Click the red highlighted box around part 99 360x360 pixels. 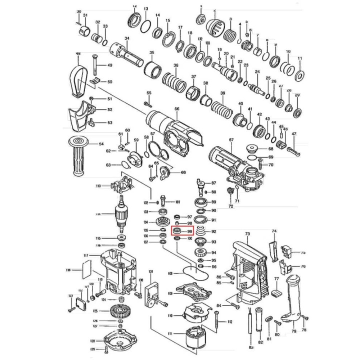click(x=182, y=231)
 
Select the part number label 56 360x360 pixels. click(x=176, y=109)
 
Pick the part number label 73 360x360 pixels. click(x=247, y=234)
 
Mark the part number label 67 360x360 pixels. click(x=231, y=139)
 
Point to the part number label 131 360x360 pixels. click(x=150, y=271)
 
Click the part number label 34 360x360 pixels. click(x=127, y=38)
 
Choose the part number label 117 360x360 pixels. click(x=85, y=256)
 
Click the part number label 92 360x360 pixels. click(x=213, y=231)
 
